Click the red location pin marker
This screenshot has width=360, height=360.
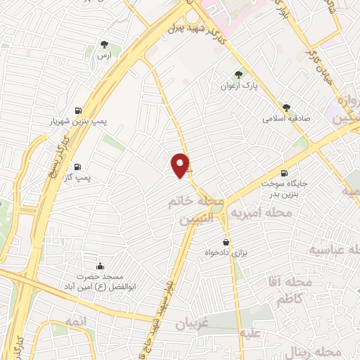coord(181,165)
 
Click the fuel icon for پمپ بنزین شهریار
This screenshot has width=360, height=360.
coord(77,110)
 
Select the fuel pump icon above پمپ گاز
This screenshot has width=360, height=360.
coord(77,167)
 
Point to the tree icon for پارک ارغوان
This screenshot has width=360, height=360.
coord(239,75)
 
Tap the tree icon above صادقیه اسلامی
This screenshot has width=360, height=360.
coord(286,108)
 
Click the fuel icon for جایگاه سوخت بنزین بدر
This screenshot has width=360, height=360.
coord(284,173)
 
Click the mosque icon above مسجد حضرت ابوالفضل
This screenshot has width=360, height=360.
coord(99,266)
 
